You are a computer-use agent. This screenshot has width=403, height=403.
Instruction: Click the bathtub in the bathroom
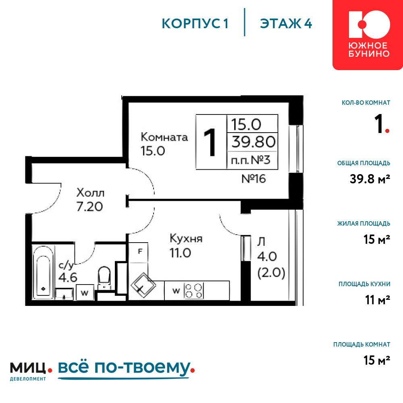43,272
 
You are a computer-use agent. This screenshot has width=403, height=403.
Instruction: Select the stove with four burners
194,291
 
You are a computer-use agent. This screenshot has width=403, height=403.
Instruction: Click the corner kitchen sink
143,285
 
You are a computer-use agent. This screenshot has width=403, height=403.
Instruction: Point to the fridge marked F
138,252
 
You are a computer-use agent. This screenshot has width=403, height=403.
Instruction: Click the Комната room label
164,137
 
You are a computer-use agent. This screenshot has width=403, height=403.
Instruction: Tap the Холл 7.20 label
90,200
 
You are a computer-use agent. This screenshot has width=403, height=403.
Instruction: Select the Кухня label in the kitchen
186,239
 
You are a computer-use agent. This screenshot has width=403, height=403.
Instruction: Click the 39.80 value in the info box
253,142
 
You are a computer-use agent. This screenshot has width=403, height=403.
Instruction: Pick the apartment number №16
253,179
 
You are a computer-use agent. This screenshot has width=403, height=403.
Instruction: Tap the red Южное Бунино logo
368,35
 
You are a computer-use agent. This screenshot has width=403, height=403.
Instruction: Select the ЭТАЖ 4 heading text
286,24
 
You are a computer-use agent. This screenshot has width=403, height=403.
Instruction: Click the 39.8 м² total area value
370,179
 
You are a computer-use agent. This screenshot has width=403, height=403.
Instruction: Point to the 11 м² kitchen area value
378,300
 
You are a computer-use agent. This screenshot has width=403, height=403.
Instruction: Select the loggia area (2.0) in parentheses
271,273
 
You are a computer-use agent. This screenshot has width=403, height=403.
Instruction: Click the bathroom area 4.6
68,278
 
